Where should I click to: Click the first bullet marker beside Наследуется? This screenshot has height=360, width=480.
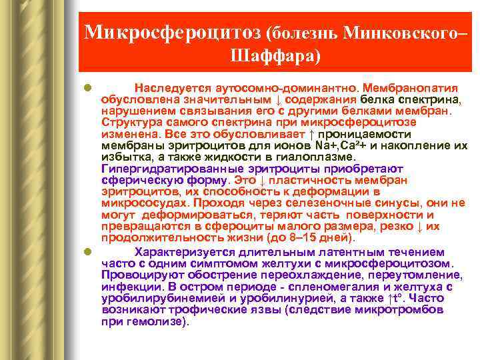tap(87, 88)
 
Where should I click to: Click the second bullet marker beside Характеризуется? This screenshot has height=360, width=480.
tap(87, 252)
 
